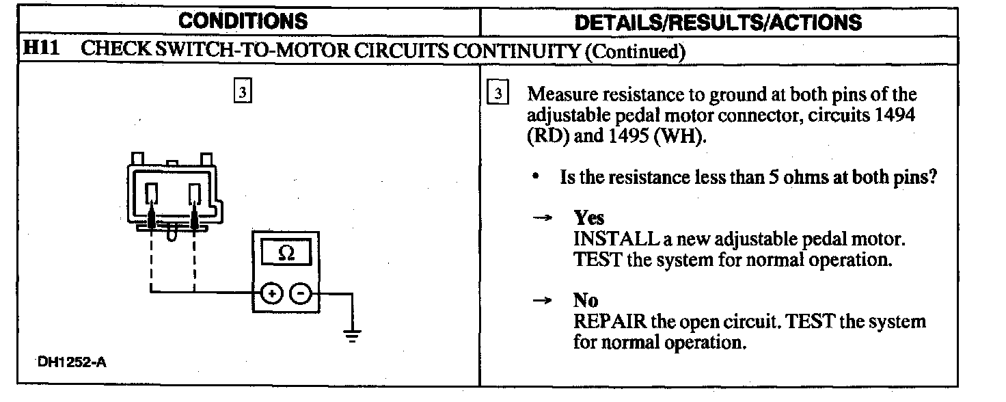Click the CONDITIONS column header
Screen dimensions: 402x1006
tap(243, 21)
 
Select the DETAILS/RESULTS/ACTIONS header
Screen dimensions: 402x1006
tap(718, 22)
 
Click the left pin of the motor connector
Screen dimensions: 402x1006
tap(152, 194)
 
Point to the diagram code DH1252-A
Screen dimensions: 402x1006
tap(72, 362)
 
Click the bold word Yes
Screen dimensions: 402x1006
tap(588, 218)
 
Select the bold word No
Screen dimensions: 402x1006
tap(586, 300)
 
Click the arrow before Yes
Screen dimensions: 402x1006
tap(542, 218)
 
